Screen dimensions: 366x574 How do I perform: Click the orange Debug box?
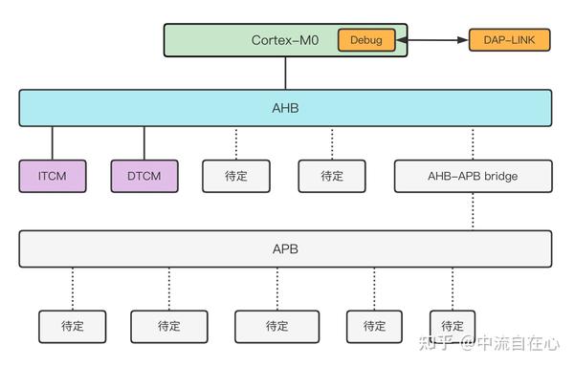point(366,40)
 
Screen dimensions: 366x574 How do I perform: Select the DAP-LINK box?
point(509,40)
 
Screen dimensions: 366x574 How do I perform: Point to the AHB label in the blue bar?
point(285,108)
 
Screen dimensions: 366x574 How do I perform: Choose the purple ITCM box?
point(53,176)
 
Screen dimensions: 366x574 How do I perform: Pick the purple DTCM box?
point(143,176)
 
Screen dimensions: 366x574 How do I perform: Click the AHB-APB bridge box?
point(473,176)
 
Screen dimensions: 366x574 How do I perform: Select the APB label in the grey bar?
point(285,248)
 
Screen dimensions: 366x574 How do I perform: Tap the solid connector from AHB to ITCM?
point(53,143)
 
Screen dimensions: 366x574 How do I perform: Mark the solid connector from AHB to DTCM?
point(143,143)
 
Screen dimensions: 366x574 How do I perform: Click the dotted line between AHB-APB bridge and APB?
point(473,210)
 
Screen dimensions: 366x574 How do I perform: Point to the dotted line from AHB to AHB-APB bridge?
point(473,143)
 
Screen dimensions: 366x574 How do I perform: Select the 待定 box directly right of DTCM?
point(236,176)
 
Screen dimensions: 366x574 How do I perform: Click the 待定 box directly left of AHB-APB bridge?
point(332,176)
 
